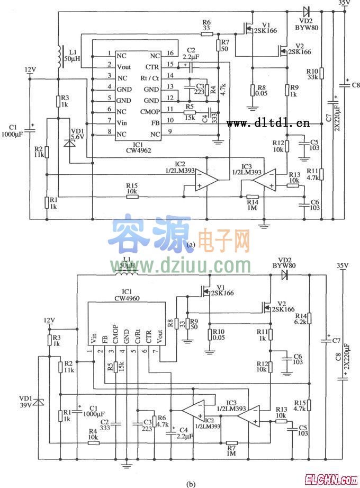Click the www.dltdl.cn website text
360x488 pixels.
click(268, 123)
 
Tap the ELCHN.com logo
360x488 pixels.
click(330, 480)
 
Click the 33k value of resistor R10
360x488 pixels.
click(312, 77)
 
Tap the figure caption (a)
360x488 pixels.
click(192, 244)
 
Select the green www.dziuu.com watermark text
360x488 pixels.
click(181, 264)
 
